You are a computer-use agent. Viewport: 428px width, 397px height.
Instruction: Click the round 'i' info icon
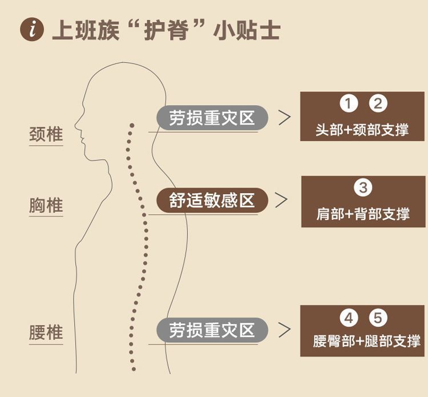coord(32,30)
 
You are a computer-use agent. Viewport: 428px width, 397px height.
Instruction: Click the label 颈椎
coord(46,134)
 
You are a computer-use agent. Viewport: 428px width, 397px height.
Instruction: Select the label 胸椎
coord(46,205)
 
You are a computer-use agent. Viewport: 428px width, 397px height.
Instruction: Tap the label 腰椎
coord(46,332)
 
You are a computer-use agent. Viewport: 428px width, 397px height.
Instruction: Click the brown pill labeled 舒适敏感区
coord(212,200)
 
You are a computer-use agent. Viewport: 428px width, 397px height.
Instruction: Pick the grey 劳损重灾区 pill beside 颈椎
coord(212,118)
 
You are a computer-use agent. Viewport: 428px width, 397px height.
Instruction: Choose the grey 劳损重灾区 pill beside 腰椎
coord(212,330)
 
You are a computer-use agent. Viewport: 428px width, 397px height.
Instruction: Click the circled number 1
coord(349,103)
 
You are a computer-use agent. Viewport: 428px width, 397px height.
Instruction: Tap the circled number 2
coord(378,103)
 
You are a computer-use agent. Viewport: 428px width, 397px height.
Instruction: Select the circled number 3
coord(363,187)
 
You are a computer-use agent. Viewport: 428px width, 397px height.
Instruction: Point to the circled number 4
coord(349,318)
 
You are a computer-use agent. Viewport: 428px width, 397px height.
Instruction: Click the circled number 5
coord(378,318)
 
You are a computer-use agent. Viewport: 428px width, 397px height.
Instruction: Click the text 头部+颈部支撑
coord(362,130)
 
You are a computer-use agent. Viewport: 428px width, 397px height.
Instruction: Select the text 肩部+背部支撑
coord(363,214)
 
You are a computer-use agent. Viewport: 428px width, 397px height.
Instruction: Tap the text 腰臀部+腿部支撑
coord(366,341)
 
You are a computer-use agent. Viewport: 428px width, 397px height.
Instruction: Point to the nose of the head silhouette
coord(75,126)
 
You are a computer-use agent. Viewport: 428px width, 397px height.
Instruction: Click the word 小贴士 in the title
coord(247,30)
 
